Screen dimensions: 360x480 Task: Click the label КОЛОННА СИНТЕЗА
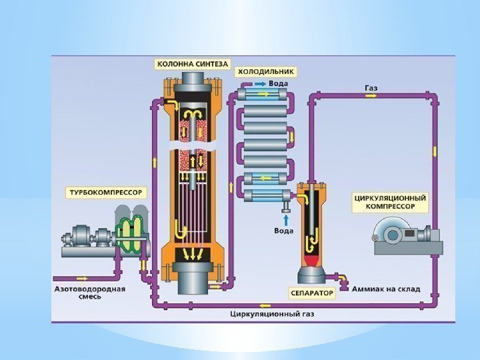coord(193,65)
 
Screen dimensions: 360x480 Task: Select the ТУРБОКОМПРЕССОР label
coord(106,192)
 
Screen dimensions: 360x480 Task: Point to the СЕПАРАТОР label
coord(311,292)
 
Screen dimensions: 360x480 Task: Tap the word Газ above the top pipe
coord(371,87)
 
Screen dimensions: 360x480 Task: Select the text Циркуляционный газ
coord(271,313)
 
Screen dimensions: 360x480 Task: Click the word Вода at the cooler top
coord(278,83)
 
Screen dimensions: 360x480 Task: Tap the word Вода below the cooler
coord(284,231)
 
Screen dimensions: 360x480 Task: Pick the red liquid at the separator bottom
coord(311,257)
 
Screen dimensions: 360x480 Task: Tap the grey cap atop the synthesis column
coord(192,79)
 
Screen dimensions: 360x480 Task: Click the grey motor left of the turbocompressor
coord(82,237)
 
